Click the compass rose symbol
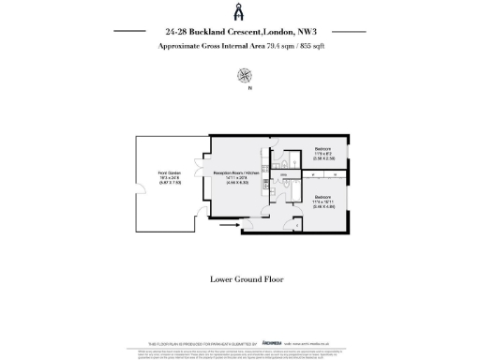pyautogui.click(x=245, y=74)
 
